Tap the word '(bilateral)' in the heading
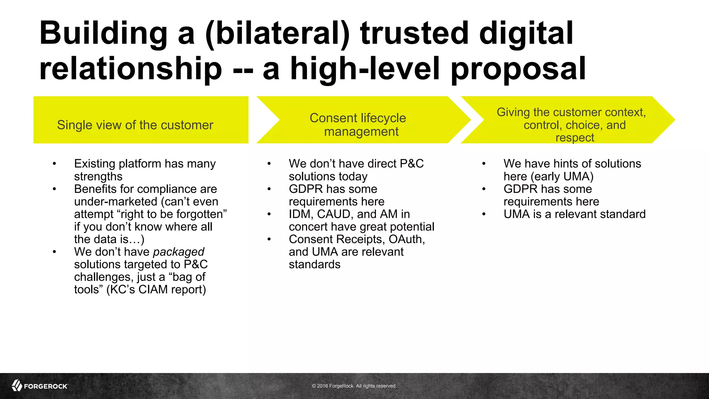[x=277, y=34]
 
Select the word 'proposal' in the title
[x=518, y=69]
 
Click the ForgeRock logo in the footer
[x=40, y=385]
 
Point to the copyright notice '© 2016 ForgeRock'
[x=354, y=386]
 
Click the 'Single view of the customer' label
[x=135, y=125]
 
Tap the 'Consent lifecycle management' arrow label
[x=358, y=125]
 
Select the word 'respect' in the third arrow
[x=575, y=138]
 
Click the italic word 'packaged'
[x=179, y=252]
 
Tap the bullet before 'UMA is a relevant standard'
[x=484, y=214]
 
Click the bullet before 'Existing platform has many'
[x=54, y=164]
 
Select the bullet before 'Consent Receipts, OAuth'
[x=269, y=239]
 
